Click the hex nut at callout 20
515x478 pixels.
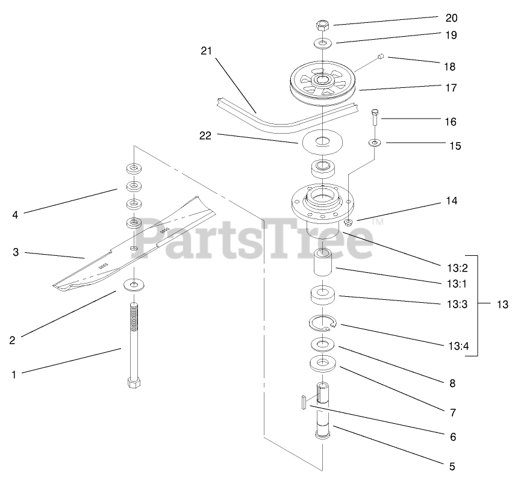click(x=322, y=25)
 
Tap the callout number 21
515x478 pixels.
click(x=207, y=51)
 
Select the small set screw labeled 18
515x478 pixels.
click(x=381, y=57)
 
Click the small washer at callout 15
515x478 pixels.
click(x=375, y=143)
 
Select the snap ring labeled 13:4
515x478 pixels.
click(x=323, y=323)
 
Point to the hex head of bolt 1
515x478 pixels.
click(x=134, y=383)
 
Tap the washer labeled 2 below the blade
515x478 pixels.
click(x=134, y=284)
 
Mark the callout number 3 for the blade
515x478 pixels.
click(x=16, y=252)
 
